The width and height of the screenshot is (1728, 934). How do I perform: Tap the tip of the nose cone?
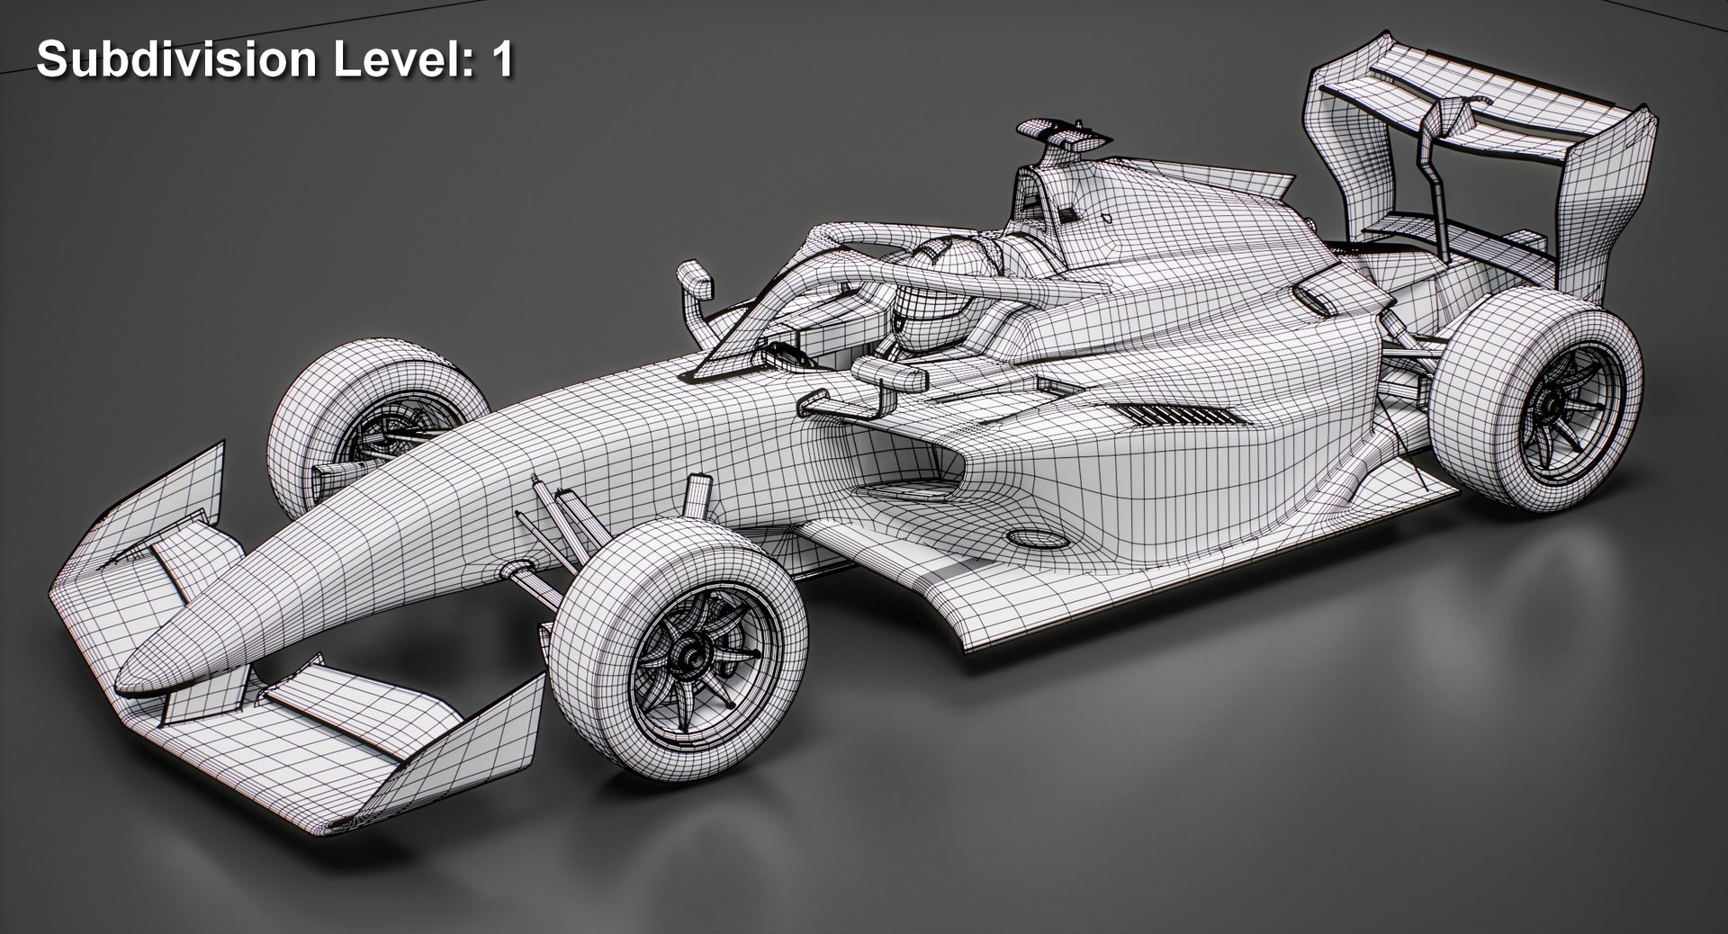(135, 670)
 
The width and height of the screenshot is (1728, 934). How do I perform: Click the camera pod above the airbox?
(1062, 135)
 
